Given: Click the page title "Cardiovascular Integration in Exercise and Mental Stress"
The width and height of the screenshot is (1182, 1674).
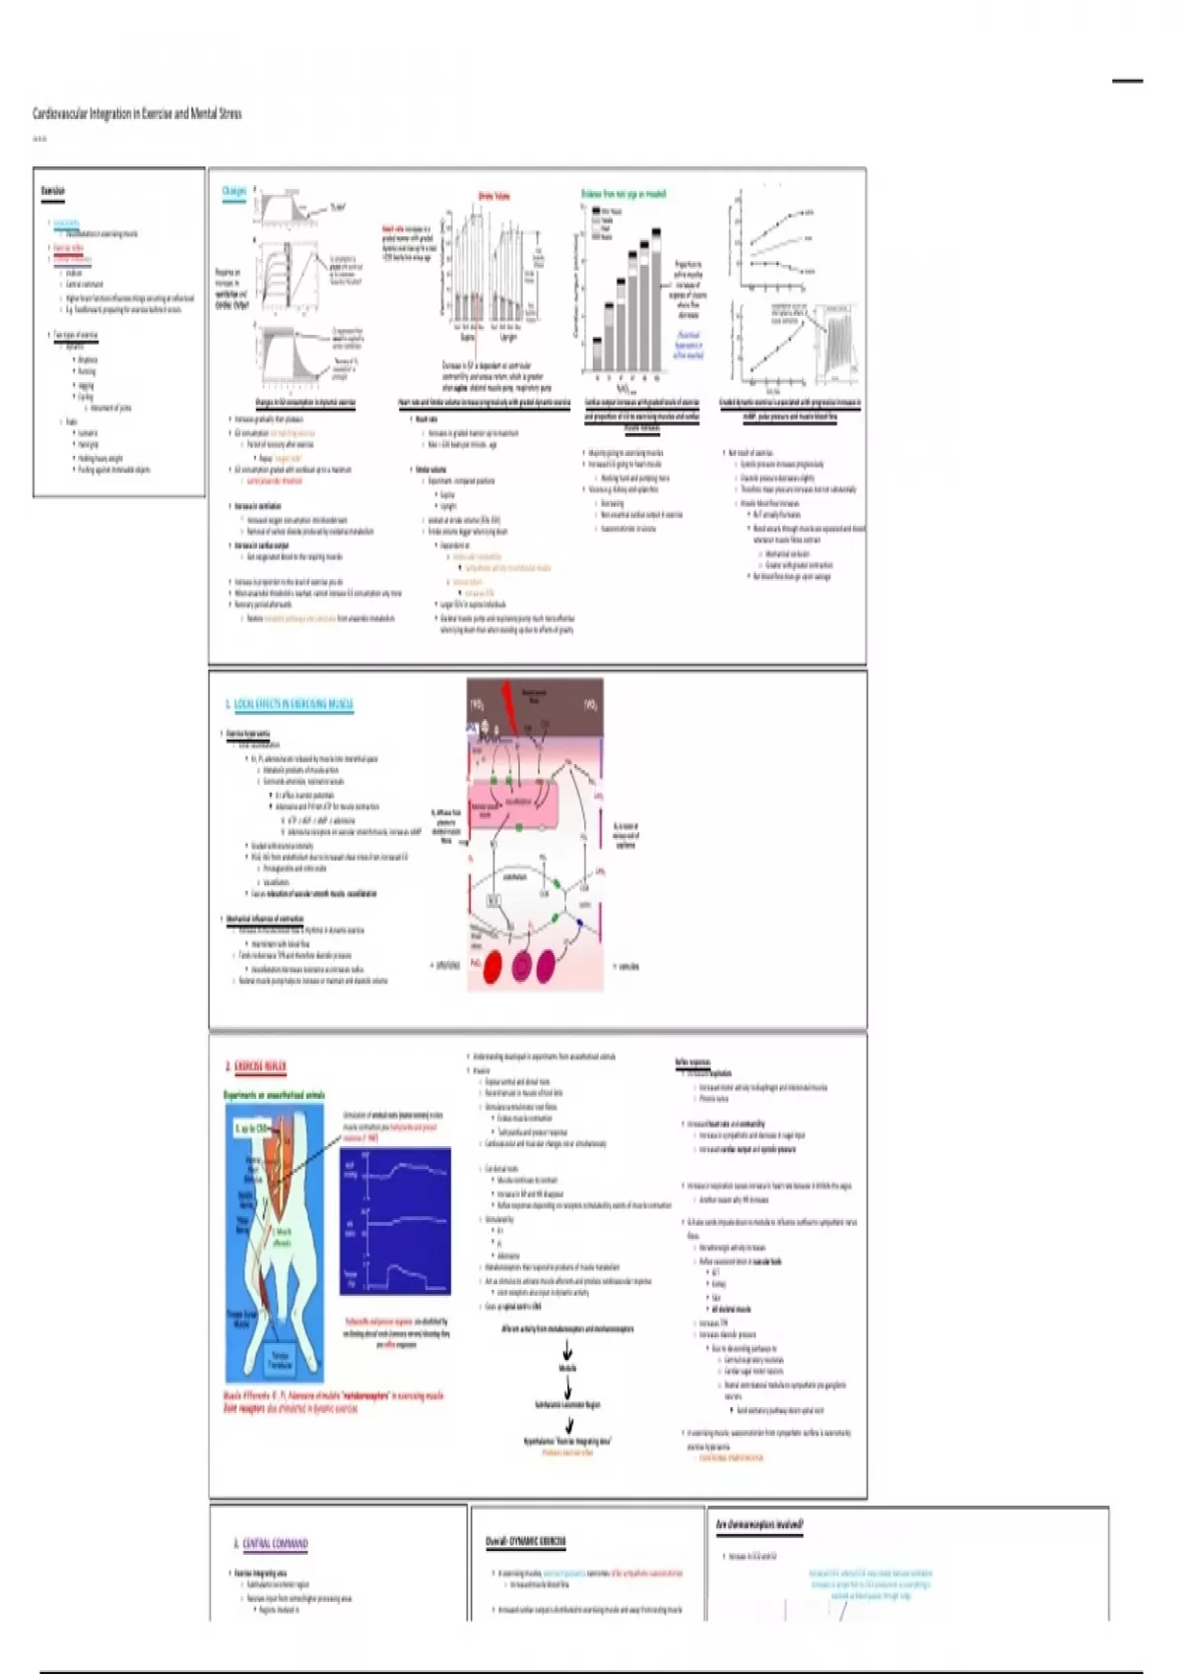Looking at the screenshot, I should click(x=137, y=113).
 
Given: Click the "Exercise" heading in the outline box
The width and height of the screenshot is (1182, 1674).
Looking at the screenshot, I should click(x=53, y=191).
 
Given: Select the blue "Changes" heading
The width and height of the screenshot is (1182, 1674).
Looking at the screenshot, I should click(x=234, y=191).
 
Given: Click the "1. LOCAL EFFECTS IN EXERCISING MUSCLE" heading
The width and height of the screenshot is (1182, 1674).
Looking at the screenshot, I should click(x=289, y=704).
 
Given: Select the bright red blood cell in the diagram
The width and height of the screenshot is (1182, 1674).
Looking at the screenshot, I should click(x=491, y=966).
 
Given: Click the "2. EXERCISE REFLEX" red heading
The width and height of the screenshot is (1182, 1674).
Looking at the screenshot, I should click(x=256, y=1066).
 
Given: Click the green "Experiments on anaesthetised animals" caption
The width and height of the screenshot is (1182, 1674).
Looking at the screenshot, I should click(x=274, y=1095).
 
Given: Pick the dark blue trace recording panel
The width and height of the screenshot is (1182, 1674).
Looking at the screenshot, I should click(x=395, y=1220).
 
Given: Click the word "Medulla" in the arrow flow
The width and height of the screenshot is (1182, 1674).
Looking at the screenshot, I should click(x=567, y=1368).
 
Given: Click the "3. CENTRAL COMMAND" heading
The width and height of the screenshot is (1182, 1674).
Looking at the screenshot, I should click(x=271, y=1543).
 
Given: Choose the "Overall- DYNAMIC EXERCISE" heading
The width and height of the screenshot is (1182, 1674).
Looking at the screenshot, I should click(x=525, y=1542).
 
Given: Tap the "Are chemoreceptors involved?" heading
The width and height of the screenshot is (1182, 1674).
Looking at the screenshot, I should click(x=759, y=1524).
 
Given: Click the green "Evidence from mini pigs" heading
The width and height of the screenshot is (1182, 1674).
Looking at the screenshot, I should click(x=624, y=194).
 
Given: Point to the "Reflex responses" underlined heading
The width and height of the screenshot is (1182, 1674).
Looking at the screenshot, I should click(x=692, y=1062).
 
